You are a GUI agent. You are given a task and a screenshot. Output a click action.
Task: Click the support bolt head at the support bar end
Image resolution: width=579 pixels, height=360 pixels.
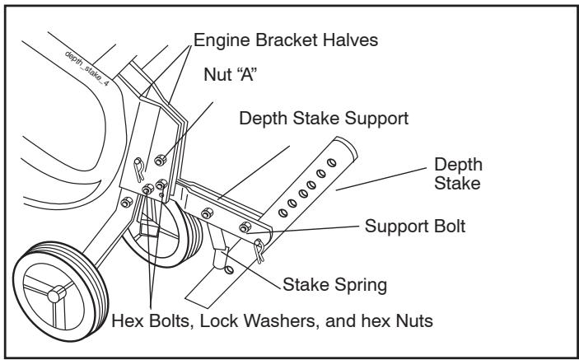point(245,227)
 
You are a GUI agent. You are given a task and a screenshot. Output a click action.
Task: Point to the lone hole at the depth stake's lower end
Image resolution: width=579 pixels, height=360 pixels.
point(229,269)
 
